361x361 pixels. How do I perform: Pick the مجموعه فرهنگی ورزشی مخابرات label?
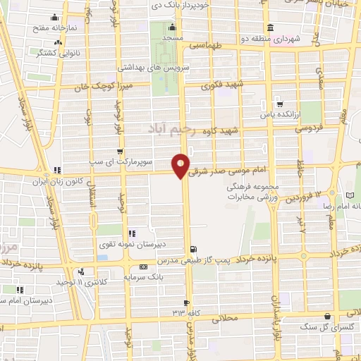point(250,192)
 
